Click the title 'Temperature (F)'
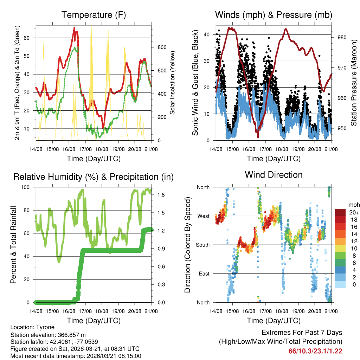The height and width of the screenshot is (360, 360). (94, 15)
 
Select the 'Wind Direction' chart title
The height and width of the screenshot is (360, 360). (274, 174)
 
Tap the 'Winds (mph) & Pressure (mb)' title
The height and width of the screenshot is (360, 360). (274, 15)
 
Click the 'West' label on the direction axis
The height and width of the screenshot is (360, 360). (203, 216)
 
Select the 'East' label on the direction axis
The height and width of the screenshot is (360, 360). (203, 274)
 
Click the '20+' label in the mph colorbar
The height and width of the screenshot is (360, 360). (354, 212)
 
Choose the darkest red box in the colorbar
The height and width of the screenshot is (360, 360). (340, 212)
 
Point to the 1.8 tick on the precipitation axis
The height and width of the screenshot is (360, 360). (157, 195)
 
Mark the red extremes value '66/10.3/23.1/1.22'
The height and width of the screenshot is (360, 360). (315, 351)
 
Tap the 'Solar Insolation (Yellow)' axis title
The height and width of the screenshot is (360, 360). (173, 83)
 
